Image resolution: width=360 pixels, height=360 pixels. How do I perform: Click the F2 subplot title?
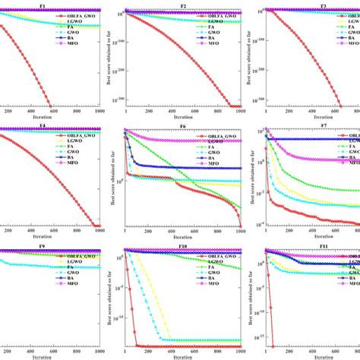pyautogui.click(x=183, y=5)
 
